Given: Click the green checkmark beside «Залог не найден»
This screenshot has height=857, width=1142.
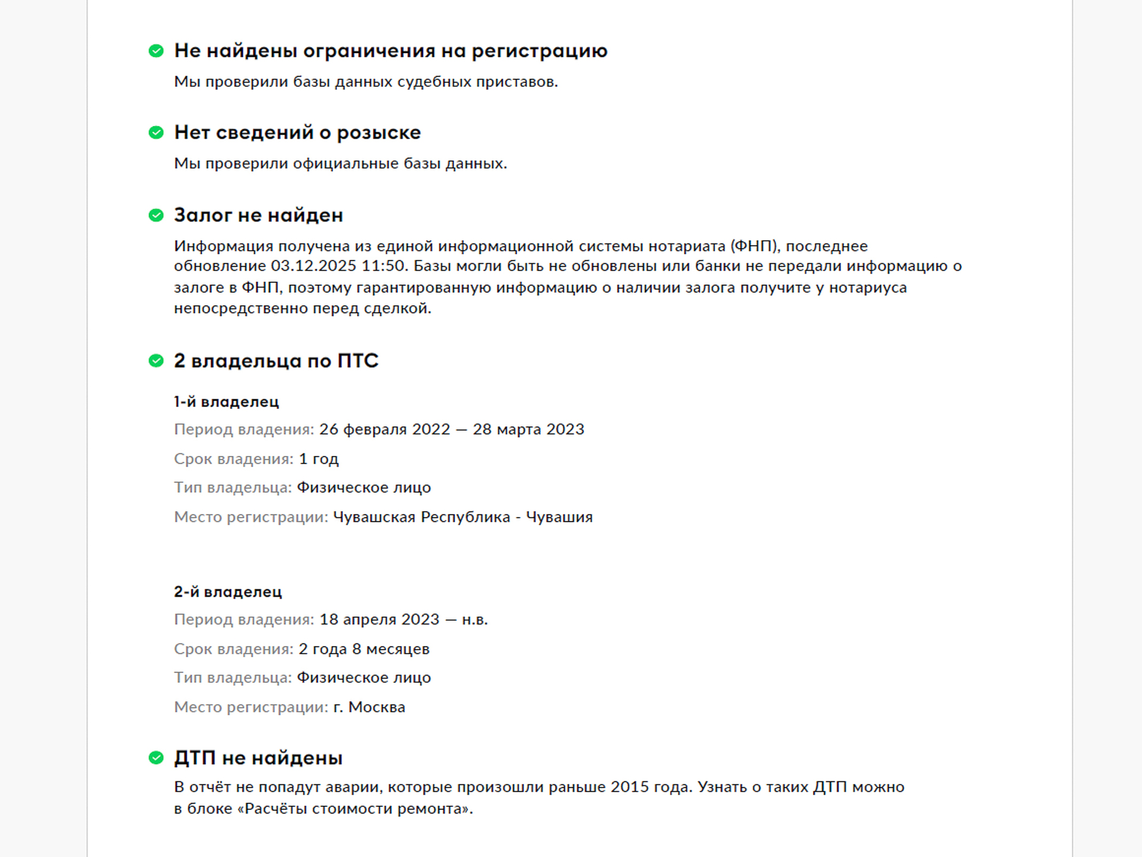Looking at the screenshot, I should click(156, 215).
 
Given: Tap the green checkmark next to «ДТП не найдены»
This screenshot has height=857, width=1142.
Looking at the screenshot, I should click(156, 758).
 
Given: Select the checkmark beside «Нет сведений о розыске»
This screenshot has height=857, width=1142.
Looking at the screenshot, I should click(156, 132).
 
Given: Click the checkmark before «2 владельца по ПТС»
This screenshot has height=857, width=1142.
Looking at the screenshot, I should click(156, 361).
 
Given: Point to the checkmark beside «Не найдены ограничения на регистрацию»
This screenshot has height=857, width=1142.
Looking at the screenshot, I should click(156, 51).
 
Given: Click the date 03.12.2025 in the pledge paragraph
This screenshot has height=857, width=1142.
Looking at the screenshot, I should click(313, 266).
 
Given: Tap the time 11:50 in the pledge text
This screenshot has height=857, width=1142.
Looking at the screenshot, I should click(383, 266).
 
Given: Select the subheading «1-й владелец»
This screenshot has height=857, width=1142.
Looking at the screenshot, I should click(226, 402).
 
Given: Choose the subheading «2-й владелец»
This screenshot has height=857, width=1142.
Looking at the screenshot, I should click(228, 592).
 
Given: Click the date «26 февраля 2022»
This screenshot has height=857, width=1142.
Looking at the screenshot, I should click(384, 429).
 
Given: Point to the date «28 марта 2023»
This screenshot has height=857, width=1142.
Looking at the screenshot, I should click(528, 429).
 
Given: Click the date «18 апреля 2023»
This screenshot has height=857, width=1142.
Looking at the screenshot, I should click(379, 620).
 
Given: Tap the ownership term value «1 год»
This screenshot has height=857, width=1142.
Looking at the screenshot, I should click(318, 459).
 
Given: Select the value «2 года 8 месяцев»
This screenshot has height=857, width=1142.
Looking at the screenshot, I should click(363, 649).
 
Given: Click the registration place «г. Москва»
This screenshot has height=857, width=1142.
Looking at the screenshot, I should click(369, 707).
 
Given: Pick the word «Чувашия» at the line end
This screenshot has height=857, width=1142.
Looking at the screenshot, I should click(559, 517).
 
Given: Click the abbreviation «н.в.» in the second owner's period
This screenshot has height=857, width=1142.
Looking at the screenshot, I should click(475, 620).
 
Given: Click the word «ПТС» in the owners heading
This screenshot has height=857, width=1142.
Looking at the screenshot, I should click(358, 361).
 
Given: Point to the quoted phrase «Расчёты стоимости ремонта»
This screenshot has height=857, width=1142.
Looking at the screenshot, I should click(354, 809).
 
